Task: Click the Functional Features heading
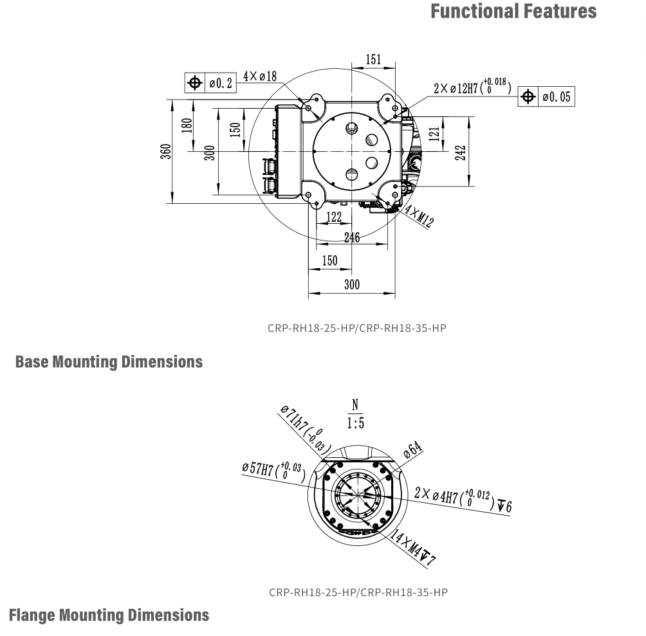point(513,12)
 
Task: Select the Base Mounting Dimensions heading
point(109,362)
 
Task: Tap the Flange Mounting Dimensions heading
point(109,615)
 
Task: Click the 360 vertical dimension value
point(166,151)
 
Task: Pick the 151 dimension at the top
point(373,60)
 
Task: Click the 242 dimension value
point(461,152)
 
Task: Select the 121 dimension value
point(435,134)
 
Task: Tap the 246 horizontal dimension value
point(351,237)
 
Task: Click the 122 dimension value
point(333,217)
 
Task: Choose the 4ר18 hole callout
point(260,77)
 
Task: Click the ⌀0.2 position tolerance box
point(210,84)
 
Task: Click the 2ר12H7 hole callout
point(472,87)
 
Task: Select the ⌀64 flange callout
point(412,450)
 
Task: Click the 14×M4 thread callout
point(412,548)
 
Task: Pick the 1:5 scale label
point(355,423)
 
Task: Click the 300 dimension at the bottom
point(351,284)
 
